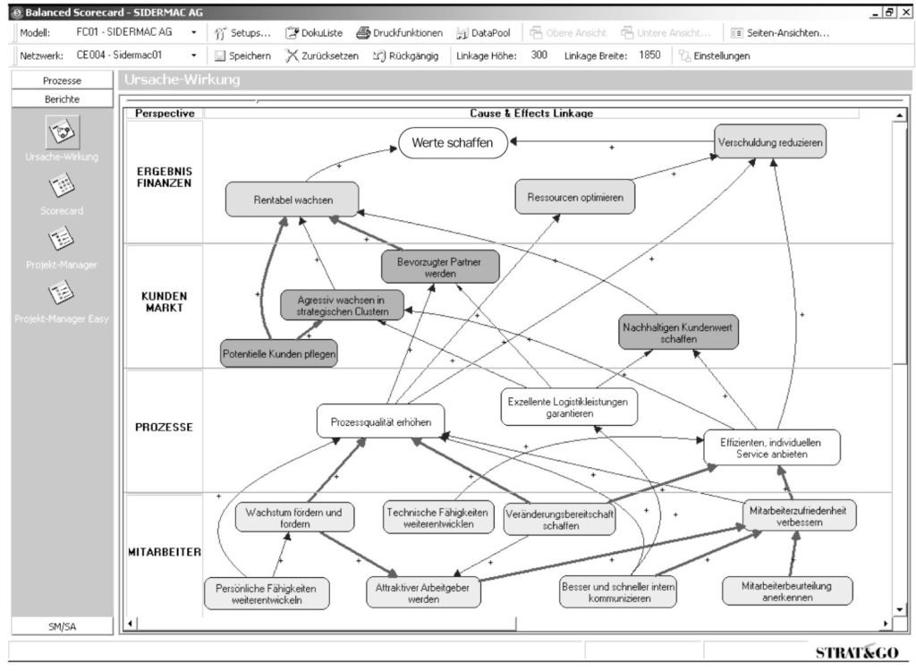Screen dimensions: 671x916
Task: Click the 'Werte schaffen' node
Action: pos(452,142)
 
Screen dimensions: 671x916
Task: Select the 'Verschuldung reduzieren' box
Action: pos(770,141)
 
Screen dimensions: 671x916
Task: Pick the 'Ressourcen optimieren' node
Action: pos(575,197)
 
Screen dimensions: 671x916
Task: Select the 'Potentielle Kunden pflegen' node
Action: pos(279,354)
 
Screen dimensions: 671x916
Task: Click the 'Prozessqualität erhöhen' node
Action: pos(380,421)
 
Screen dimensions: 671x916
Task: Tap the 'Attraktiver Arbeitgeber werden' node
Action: pos(424,593)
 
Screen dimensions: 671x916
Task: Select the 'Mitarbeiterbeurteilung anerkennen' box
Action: pos(787,591)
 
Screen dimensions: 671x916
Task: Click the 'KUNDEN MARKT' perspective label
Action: pos(164,302)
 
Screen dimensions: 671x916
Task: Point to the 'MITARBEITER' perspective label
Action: pos(164,551)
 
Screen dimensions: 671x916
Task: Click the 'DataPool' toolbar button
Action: pos(483,33)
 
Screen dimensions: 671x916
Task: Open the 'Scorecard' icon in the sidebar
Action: pos(62,189)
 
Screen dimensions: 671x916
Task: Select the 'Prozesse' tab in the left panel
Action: pos(63,81)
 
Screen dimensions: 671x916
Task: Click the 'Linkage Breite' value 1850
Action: pos(650,55)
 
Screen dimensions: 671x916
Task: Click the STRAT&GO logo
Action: pos(856,652)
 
